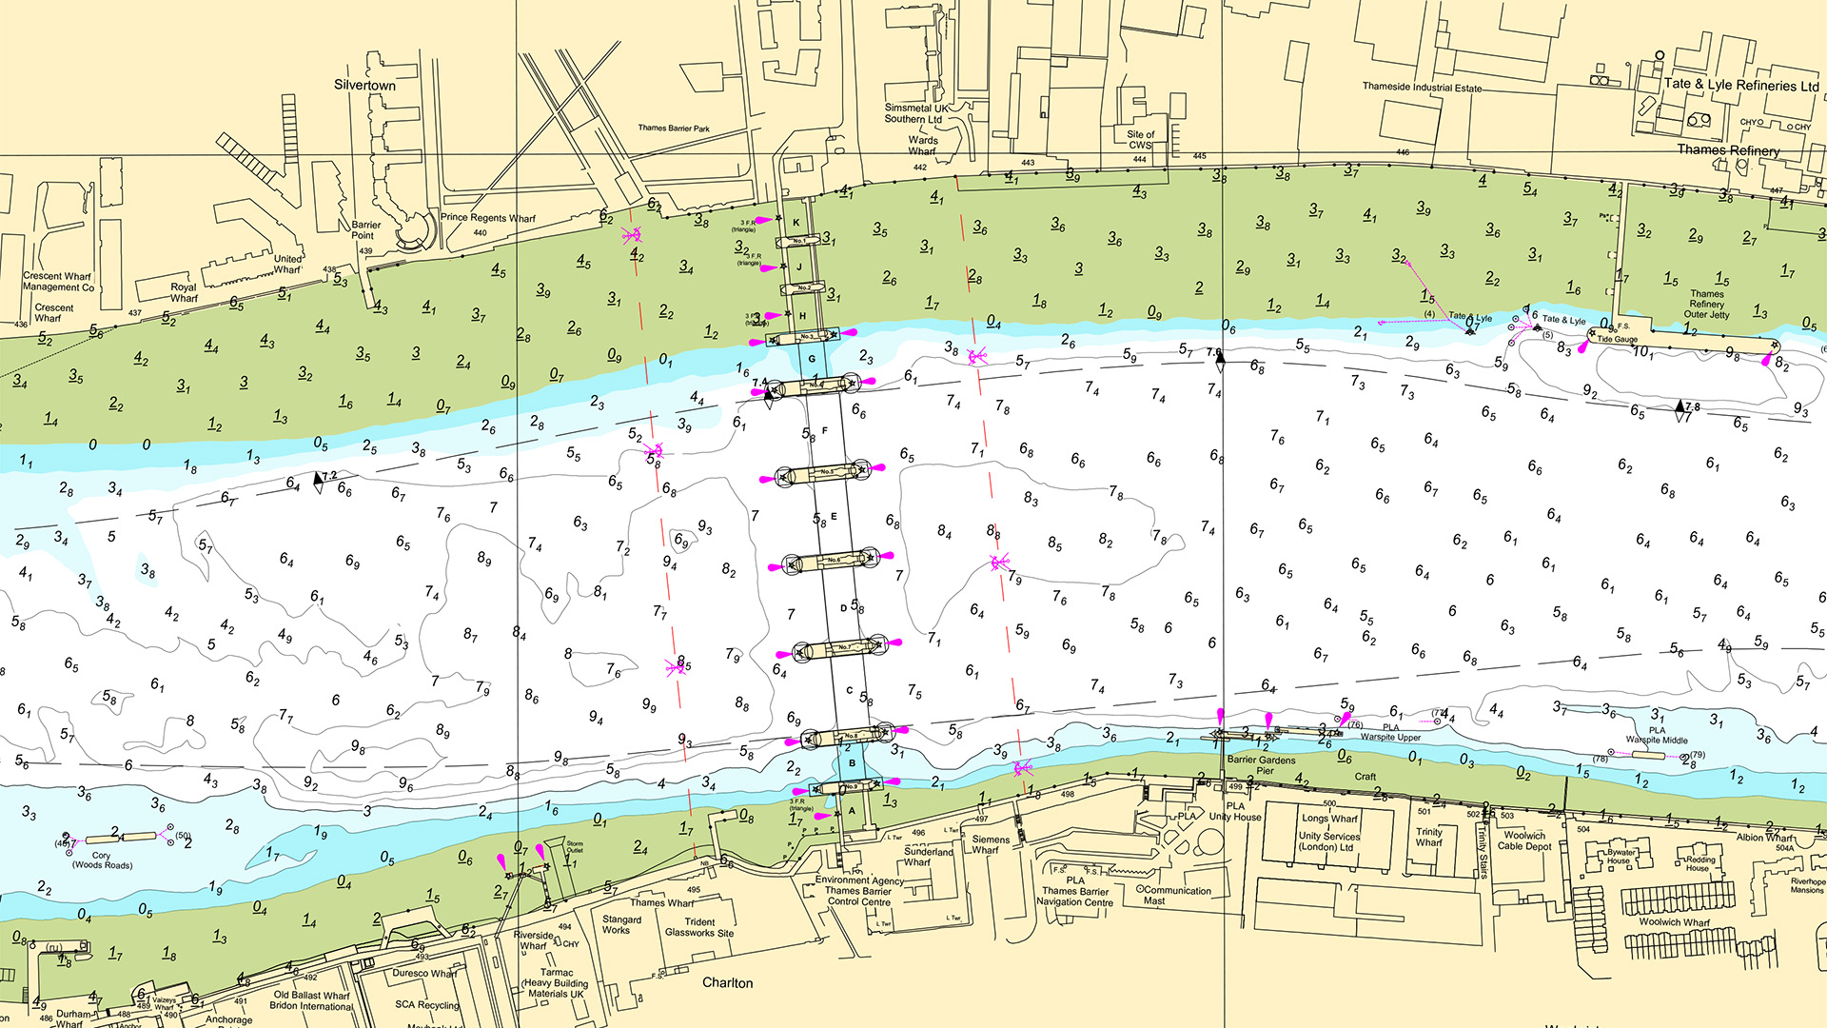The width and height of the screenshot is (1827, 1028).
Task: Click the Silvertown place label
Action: pos(364,85)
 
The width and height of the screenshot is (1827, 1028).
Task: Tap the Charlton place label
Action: pos(727,982)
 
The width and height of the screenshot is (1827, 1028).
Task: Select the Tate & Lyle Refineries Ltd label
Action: pos(1740,85)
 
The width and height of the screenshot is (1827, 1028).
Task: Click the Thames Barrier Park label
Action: pos(674,128)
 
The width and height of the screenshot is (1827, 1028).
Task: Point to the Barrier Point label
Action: pos(365,230)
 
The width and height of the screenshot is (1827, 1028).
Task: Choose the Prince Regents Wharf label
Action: pos(487,217)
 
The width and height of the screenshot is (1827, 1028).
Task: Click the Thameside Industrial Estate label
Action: pos(1422,87)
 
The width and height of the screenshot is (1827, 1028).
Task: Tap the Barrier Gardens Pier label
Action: pos(1261,764)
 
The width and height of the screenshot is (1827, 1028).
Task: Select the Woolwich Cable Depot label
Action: pos(1524,840)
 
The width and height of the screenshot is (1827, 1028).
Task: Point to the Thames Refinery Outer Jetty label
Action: pos(1706,304)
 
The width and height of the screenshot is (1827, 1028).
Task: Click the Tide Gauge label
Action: pos(1617,339)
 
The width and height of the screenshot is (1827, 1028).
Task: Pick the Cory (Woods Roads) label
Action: pos(102,860)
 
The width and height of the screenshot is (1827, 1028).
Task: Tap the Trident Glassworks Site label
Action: pos(699,927)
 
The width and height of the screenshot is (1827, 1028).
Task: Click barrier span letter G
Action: pos(812,359)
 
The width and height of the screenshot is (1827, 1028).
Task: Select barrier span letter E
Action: pos(834,517)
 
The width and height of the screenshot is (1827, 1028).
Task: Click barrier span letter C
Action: pos(849,691)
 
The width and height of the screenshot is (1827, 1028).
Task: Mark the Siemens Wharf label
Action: pos(991,844)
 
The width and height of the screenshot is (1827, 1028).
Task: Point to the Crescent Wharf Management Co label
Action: pos(58,281)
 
